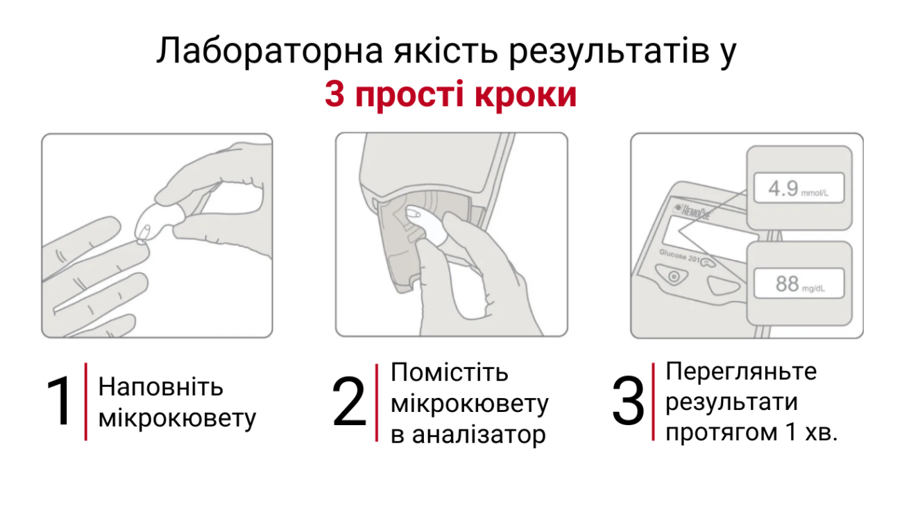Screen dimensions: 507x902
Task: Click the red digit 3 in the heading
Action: pyautogui.click(x=334, y=95)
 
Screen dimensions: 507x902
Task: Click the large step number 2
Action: pyautogui.click(x=349, y=403)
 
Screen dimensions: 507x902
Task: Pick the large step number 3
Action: pyautogui.click(x=628, y=403)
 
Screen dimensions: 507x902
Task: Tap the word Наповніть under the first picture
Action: pyautogui.click(x=161, y=386)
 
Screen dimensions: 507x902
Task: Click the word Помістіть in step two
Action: pyautogui.click(x=450, y=372)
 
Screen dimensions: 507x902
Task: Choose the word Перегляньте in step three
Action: pyautogui.click(x=741, y=371)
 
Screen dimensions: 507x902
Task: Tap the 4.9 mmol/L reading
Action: pyautogui.click(x=798, y=189)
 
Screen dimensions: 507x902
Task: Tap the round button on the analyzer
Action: pyautogui.click(x=672, y=276)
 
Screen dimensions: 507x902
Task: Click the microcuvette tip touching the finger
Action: pyautogui.click(x=143, y=236)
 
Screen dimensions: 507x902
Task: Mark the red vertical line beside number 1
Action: pyautogui.click(x=85, y=402)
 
